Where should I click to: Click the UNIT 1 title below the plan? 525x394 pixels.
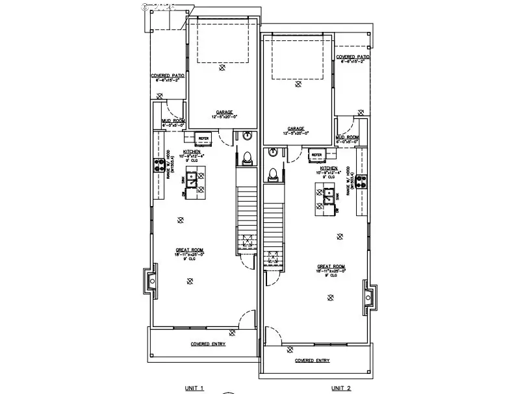[194, 388]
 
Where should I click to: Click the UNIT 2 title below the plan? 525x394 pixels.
[342, 388]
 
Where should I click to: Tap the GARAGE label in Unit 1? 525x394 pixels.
[225, 112]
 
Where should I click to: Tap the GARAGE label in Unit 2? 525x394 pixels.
[296, 129]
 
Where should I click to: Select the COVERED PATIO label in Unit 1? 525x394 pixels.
[168, 75]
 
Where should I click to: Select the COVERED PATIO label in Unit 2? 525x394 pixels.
[353, 57]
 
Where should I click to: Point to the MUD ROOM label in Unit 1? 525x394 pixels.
[173, 121]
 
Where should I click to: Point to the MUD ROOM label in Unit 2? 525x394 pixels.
[348, 137]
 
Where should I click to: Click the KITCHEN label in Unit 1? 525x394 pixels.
[173, 151]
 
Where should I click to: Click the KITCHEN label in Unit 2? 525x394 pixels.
[328, 168]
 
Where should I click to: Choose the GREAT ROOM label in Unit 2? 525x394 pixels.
[330, 267]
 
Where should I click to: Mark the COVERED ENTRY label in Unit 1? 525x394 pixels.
[208, 343]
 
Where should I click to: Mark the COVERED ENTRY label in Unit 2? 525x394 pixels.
[312, 360]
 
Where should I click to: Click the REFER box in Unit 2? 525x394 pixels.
[317, 155]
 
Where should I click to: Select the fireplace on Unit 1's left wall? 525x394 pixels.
[151, 282]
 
